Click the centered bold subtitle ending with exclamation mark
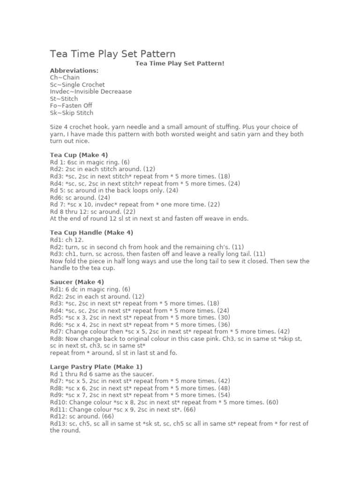pyautogui.click(x=180, y=63)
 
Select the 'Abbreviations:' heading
pyautogui.click(x=74, y=70)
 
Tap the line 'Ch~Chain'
pyautogui.click(x=65, y=77)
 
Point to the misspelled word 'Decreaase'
pyautogui.click(x=117, y=91)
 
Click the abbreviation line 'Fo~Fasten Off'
pyautogui.click(x=71, y=105)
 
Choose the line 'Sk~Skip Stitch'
pyautogui.click(x=72, y=112)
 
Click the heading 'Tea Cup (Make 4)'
pyautogui.click(x=79, y=155)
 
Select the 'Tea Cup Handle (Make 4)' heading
pyautogui.click(x=91, y=232)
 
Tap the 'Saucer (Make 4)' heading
pyautogui.click(x=77, y=282)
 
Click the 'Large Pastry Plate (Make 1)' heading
pyautogui.click(x=96, y=367)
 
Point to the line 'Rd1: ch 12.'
pyautogui.click(x=67, y=240)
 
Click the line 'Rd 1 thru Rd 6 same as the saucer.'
pyautogui.click(x=102, y=374)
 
